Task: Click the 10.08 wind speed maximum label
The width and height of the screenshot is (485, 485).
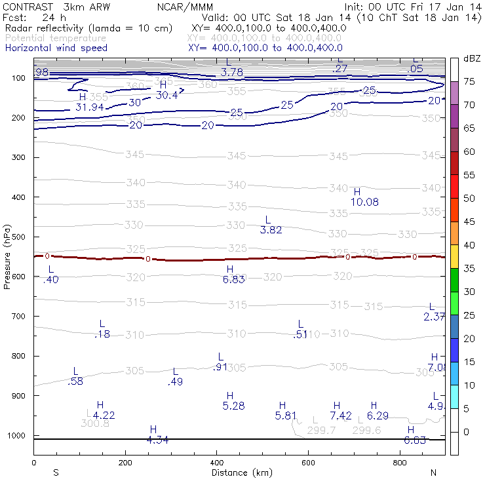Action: [x=364, y=203]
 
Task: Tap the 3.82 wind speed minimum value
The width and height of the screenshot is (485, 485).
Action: [x=271, y=230]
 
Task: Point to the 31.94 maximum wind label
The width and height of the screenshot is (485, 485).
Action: [x=90, y=107]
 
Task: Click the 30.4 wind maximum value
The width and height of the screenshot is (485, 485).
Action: [x=166, y=95]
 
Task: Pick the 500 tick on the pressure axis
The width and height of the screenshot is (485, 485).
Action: [x=18, y=237]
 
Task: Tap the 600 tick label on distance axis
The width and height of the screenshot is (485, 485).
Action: [x=308, y=463]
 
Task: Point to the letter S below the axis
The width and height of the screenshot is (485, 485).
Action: [x=56, y=473]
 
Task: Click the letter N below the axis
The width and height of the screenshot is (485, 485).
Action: [x=433, y=473]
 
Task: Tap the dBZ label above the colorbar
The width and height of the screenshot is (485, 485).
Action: [x=472, y=59]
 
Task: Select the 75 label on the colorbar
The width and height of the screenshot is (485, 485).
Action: [x=470, y=82]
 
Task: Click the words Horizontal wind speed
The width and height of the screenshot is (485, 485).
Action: [x=56, y=48]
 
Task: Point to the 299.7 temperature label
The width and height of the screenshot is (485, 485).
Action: [x=321, y=430]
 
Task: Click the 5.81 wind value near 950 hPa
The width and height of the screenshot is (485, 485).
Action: [x=286, y=416]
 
